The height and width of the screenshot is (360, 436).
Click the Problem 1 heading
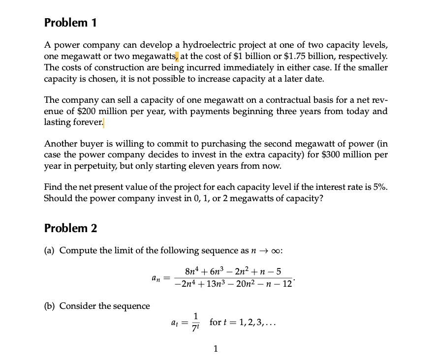(x=70, y=23)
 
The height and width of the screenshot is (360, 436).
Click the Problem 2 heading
(x=70, y=228)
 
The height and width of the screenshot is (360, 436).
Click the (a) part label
(x=50, y=250)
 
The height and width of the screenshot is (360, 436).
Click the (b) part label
(x=50, y=306)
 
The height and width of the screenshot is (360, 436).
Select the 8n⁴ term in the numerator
(x=192, y=271)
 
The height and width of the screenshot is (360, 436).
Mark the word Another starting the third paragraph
(x=60, y=144)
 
